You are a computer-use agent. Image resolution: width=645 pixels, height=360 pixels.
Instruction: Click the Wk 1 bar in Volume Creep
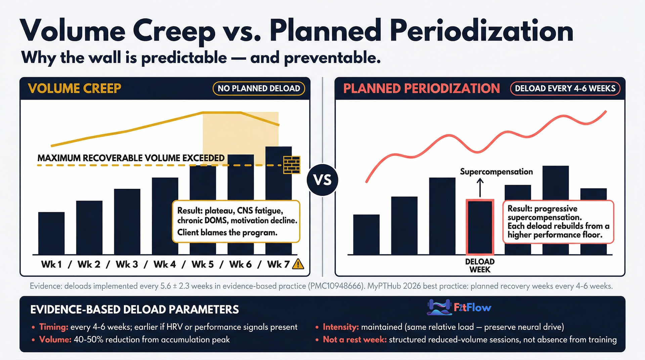tap(51, 233)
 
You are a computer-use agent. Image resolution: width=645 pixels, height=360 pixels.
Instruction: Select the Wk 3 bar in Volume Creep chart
tap(127, 222)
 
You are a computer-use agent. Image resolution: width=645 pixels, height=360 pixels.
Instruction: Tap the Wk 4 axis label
tap(165, 265)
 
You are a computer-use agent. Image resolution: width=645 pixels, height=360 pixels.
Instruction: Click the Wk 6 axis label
tap(241, 265)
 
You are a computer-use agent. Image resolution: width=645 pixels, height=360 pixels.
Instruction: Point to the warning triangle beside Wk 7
tap(298, 265)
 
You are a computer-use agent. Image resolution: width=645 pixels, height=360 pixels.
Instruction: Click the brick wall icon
tap(292, 165)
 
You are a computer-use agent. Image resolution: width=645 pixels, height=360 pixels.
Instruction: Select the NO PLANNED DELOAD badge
tap(259, 89)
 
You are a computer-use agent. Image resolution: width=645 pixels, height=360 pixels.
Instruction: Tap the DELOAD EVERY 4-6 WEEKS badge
tap(565, 89)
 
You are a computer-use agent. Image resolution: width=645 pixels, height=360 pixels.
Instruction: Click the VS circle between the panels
tap(322, 180)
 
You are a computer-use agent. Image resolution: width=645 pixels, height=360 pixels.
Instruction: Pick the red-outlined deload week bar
tap(480, 227)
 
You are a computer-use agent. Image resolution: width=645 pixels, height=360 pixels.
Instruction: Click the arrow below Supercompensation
tap(480, 187)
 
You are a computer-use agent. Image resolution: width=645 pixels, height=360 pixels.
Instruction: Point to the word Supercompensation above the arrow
tap(496, 172)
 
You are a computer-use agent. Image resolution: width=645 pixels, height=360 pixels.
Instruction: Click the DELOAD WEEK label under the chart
tap(480, 266)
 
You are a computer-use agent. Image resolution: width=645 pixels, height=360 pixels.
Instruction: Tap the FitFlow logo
tap(459, 307)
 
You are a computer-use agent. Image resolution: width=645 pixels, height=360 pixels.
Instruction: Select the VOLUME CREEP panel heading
tap(75, 89)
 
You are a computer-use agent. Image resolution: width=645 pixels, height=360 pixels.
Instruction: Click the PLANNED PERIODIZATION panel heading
tap(422, 89)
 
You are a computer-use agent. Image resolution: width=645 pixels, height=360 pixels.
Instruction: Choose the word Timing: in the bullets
tap(54, 327)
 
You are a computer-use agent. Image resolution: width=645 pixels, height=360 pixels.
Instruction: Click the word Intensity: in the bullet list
tap(341, 327)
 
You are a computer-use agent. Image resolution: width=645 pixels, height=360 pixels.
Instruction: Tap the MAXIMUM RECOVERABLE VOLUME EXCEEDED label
tap(131, 158)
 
